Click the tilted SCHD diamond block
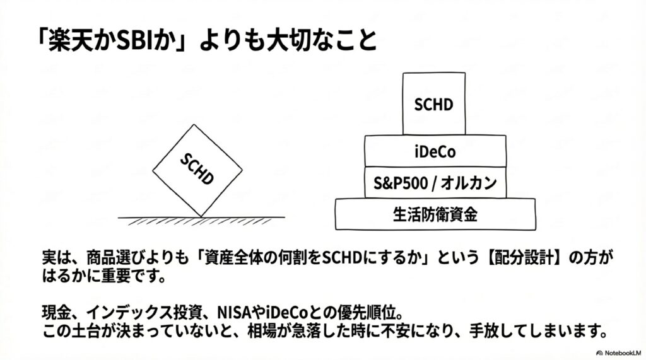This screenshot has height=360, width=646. [198, 170]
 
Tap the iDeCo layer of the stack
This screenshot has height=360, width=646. [435, 151]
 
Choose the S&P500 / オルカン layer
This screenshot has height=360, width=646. [435, 183]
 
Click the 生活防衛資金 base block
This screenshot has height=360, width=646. [435, 214]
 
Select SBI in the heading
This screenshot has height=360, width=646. [120, 40]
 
